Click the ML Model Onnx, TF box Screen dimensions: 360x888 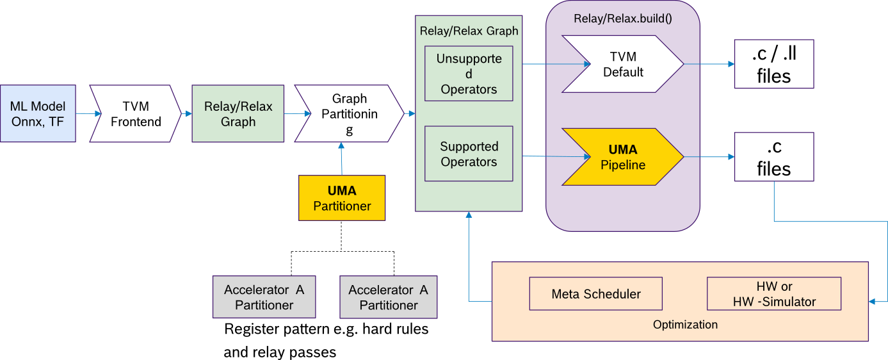pos(38,113)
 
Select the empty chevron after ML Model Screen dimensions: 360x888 pos(135,113)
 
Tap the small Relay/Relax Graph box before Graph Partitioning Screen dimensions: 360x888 pos(238,113)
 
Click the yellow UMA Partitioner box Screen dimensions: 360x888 pos(342,198)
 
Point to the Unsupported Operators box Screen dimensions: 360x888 pos(469,74)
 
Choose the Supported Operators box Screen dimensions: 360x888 pos(469,154)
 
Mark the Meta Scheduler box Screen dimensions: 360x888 pos(595,294)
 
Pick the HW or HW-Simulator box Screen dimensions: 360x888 pos(773,294)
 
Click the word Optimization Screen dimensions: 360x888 pos(685,325)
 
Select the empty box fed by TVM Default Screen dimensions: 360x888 pos(773,64)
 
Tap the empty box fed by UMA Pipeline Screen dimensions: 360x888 pos(773,157)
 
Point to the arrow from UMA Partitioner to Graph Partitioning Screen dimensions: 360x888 pos(342,160)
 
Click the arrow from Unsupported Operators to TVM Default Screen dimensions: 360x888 pos(556,64)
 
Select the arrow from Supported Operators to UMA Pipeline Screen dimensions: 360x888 pos(556,156)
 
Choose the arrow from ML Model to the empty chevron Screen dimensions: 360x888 pos(88,114)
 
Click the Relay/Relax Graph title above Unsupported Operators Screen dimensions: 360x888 pos(469,30)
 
